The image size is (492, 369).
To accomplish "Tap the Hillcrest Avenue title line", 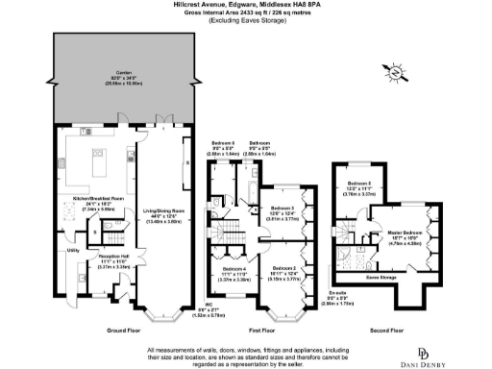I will [x=245, y=5].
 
